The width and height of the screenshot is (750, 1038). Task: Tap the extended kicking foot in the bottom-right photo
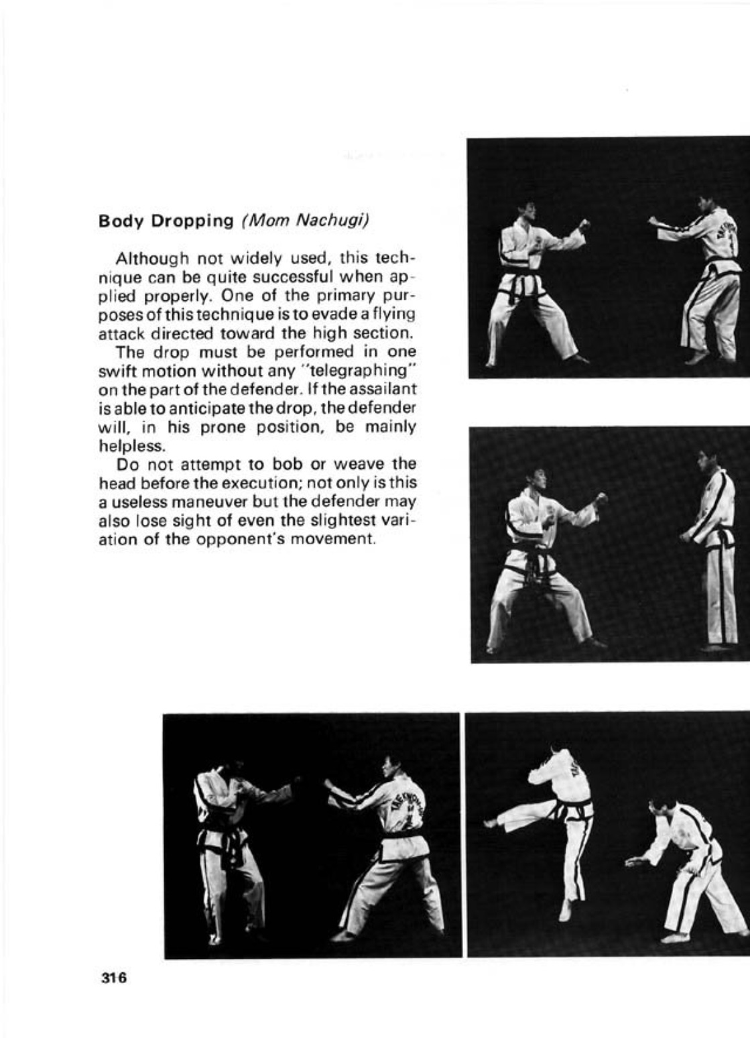[490, 823]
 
